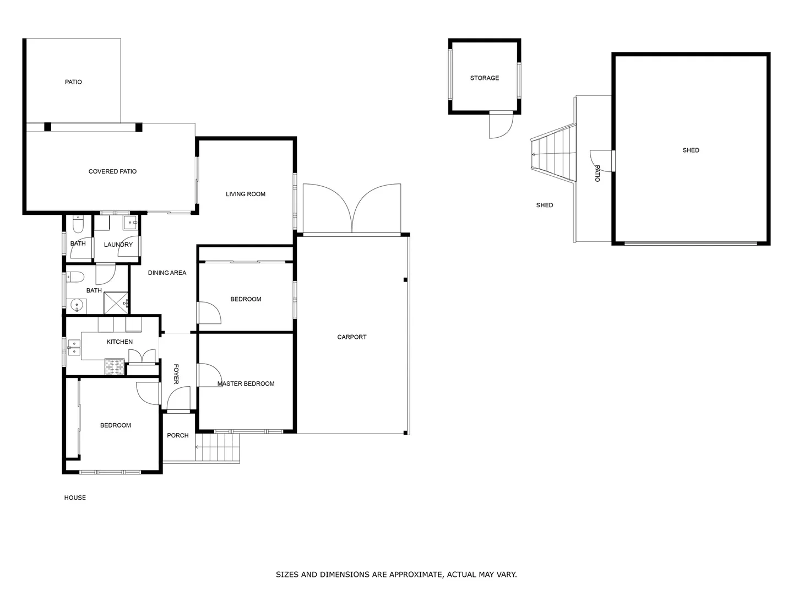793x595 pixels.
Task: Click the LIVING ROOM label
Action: pos(245,194)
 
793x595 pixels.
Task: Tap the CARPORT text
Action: pos(351,337)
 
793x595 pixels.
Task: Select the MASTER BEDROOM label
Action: pos(246,383)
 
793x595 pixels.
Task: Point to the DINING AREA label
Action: pos(167,273)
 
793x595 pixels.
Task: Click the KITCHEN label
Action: pos(120,342)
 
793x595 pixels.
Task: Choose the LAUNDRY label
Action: pos(118,245)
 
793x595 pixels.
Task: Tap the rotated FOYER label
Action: pos(176,374)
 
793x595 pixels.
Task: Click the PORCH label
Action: pos(177,435)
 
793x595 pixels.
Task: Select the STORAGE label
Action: pos(484,78)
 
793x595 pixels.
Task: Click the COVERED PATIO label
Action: pos(112,171)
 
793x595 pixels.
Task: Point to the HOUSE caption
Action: pos(75,497)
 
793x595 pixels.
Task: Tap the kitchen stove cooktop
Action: pos(115,367)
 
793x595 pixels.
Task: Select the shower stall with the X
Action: pos(116,303)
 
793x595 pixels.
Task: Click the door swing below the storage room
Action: pos(501,126)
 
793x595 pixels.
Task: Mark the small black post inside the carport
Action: pos(405,280)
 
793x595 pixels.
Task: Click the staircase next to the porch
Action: pos(218,447)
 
